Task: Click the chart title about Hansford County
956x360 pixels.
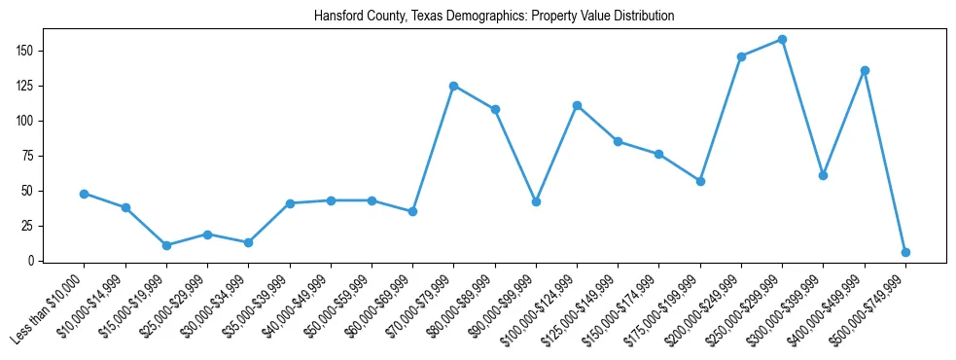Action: [494, 17]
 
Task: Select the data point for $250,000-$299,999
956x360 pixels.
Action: [782, 40]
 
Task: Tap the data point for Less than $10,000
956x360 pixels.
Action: [85, 194]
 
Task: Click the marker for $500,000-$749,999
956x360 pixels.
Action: [905, 252]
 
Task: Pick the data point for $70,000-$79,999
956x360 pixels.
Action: [454, 86]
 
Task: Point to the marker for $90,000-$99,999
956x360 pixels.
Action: [536, 201]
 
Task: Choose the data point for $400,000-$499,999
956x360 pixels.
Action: [865, 70]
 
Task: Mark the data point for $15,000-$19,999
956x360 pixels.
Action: [166, 245]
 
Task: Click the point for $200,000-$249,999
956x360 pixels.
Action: [741, 56]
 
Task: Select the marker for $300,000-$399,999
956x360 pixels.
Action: [823, 175]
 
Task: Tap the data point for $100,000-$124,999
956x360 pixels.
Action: [577, 105]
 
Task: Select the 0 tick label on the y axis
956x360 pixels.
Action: [32, 261]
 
